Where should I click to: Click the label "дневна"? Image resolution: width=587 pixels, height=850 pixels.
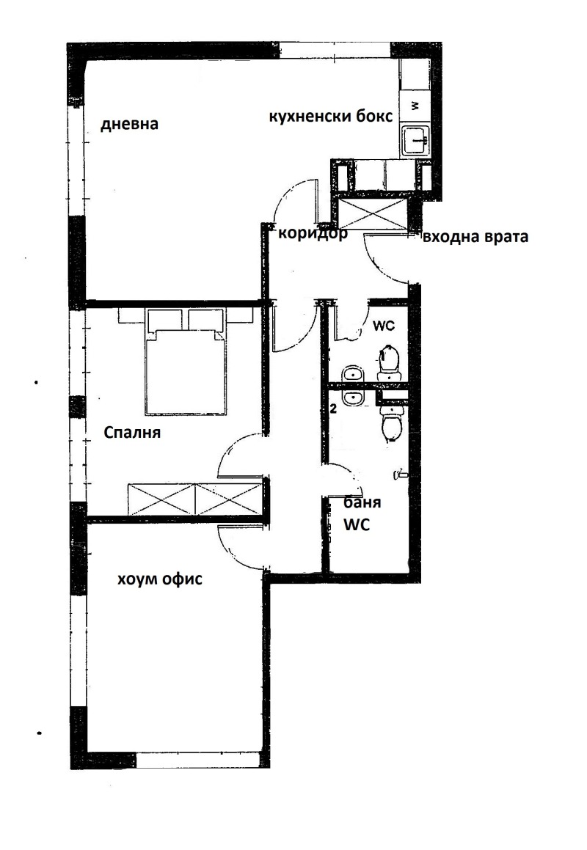(130, 124)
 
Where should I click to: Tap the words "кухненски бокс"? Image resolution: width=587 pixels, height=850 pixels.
(331, 117)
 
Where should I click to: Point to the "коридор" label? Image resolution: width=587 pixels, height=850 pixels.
(313, 234)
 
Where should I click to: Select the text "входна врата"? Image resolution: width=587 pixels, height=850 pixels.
(475, 237)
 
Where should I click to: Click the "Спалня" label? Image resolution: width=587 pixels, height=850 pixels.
(132, 433)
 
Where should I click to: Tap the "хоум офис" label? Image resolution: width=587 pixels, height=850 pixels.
(160, 579)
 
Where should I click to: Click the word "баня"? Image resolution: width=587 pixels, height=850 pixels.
(362, 502)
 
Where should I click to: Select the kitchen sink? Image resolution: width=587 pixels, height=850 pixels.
(415, 140)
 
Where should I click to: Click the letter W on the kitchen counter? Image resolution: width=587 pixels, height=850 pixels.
(415, 105)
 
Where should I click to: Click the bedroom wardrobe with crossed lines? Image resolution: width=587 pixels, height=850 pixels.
(195, 498)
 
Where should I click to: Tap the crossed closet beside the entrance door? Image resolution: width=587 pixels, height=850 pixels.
(372, 213)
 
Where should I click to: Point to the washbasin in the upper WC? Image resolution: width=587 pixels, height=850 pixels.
(354, 374)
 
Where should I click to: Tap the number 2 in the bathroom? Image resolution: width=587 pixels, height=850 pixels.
(333, 408)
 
